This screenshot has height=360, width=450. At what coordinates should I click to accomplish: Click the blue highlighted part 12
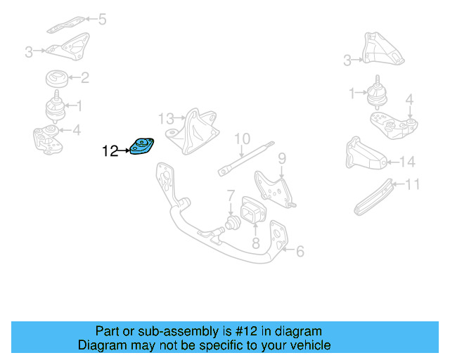(x=143, y=147)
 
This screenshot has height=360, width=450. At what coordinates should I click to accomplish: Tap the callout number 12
(x=110, y=150)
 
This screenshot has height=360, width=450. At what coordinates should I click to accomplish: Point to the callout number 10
(x=242, y=138)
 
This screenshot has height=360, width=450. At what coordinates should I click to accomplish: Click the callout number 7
(x=230, y=194)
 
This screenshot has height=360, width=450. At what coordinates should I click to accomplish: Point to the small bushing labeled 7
(x=231, y=224)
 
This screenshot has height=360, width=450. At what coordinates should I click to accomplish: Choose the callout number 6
(x=300, y=250)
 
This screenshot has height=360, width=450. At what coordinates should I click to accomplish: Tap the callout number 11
(x=413, y=185)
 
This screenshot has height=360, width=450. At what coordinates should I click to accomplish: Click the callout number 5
(x=102, y=19)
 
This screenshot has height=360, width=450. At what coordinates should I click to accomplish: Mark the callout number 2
(x=84, y=78)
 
